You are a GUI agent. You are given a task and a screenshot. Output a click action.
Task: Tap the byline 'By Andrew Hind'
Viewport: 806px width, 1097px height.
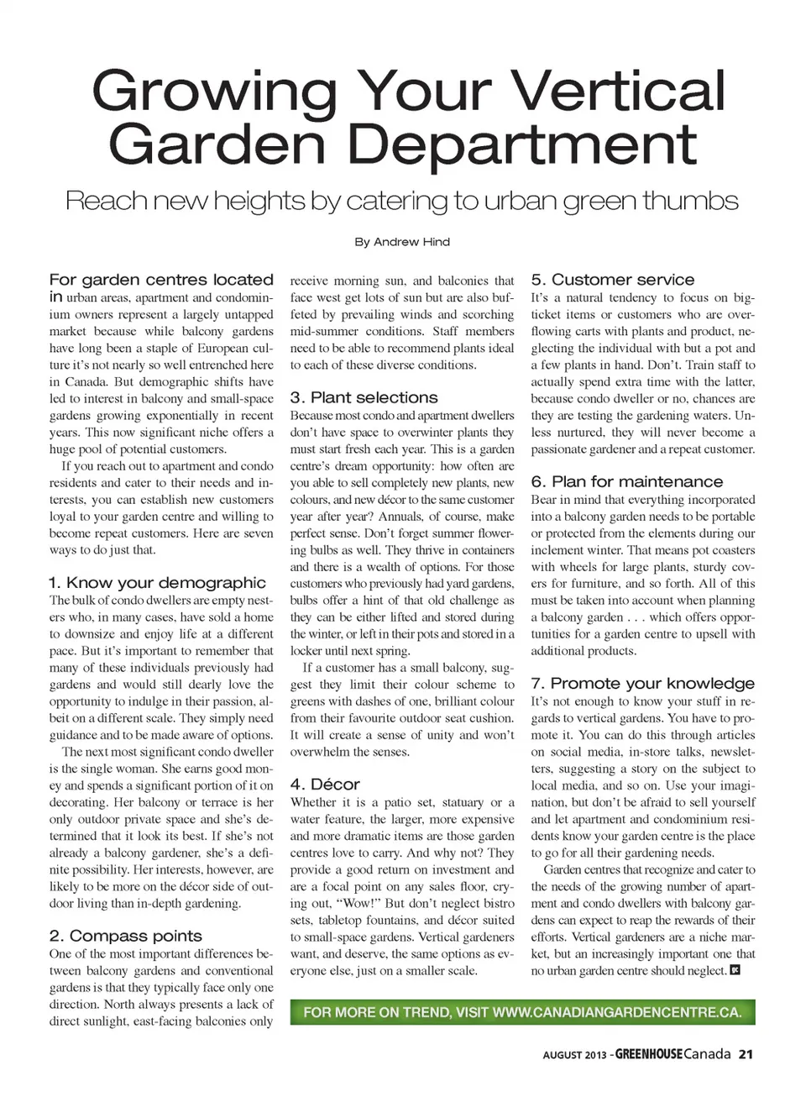click(402, 242)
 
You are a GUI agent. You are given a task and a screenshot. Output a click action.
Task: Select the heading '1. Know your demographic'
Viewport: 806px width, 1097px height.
click(157, 583)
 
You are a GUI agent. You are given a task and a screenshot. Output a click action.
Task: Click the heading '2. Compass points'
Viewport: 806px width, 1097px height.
click(125, 936)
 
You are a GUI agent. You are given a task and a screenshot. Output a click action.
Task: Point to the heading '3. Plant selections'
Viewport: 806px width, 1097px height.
click(364, 397)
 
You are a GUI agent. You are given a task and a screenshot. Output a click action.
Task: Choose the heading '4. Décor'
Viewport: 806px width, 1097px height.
click(325, 785)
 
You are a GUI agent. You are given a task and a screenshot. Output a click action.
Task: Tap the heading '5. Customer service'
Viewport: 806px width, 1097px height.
click(612, 280)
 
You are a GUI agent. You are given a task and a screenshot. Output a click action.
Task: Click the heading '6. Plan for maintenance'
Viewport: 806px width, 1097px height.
click(626, 481)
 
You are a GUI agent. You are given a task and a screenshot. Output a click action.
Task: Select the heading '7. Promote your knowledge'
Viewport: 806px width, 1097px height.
click(642, 684)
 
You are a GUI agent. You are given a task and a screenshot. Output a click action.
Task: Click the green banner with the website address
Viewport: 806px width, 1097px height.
click(522, 1012)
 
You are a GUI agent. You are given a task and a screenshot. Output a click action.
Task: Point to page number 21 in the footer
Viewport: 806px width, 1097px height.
click(746, 1055)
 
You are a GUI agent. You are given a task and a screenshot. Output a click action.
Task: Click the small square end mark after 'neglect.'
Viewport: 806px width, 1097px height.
click(735, 970)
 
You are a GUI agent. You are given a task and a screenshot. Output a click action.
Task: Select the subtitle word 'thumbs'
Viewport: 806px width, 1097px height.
click(690, 201)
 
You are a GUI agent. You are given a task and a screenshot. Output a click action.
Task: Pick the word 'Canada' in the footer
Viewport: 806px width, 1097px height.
click(707, 1055)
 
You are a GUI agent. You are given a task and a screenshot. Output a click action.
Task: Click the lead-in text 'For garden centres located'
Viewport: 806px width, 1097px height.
click(161, 280)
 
